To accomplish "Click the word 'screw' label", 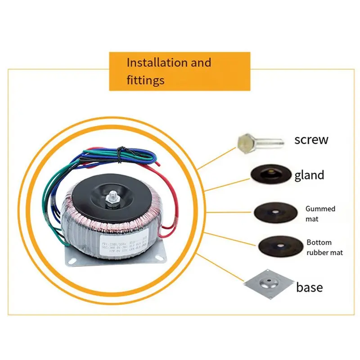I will point(311,139).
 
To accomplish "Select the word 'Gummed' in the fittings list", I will point(320,209).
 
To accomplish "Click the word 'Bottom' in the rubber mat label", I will point(319,243).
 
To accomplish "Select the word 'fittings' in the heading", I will point(145,81).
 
